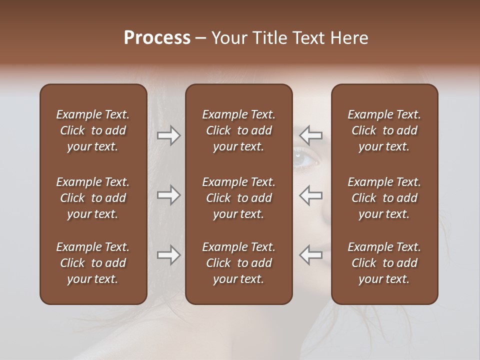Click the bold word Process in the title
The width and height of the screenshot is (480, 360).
coord(157,38)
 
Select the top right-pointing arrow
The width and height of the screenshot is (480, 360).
coord(169,135)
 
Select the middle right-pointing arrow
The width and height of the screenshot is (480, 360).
coord(169,195)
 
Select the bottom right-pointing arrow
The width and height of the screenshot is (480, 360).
coord(169,255)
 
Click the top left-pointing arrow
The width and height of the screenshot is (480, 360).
coord(311,135)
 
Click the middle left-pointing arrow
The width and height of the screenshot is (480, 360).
coord(311,195)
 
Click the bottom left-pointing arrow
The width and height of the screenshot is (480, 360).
coord(311,255)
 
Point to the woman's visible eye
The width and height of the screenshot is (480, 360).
coord(305,159)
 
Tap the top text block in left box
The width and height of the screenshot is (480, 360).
coord(93,130)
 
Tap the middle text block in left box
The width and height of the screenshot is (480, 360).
coord(93,198)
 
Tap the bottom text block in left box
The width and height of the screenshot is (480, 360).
coord(93,263)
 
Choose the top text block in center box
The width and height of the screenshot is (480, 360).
coord(238,130)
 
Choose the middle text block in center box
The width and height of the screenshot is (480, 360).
coord(238,198)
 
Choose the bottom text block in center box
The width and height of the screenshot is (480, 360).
coord(238,263)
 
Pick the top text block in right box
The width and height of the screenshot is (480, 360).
coord(384,130)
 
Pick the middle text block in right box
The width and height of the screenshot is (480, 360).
coord(384,198)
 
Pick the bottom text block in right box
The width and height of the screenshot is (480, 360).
coord(384,263)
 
